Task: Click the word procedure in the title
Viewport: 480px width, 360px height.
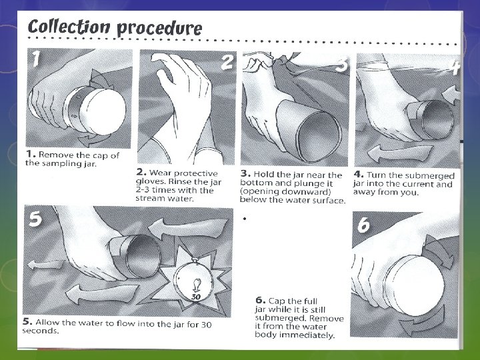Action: pos(159,28)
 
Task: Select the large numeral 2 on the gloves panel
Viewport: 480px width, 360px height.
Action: pos(227,63)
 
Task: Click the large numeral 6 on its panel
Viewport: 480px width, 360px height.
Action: pos(363,226)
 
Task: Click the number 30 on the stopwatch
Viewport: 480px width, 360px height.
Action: pos(196,296)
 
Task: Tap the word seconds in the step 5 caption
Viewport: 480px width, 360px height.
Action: pos(41,331)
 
